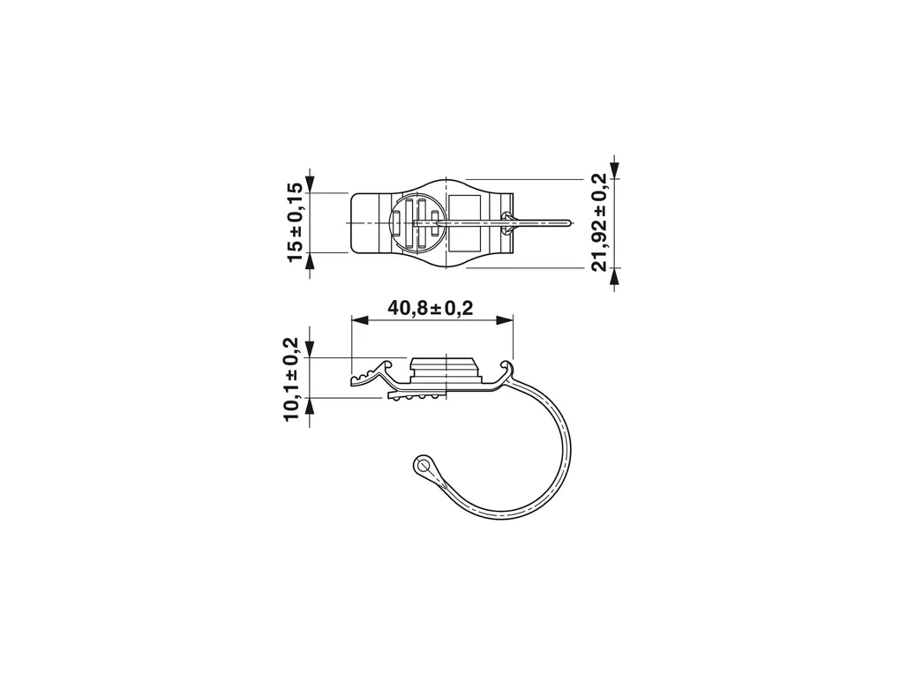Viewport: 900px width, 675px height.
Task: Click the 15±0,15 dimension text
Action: click(294, 221)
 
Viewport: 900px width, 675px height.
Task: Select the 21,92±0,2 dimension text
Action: click(598, 221)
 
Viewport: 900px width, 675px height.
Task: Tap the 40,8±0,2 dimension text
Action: click(431, 308)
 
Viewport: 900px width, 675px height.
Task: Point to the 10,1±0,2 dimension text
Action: click(291, 379)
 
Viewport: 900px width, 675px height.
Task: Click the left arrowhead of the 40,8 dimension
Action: click(358, 320)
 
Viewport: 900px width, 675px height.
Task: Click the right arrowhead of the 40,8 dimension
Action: click(505, 320)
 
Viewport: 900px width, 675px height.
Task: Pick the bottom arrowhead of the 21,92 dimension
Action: click(615, 276)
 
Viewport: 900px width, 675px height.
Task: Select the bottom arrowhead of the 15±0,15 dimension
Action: click(310, 261)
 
